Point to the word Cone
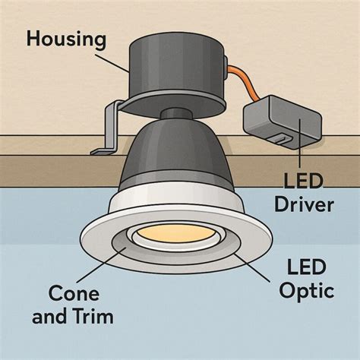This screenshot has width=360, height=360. [x=74, y=293]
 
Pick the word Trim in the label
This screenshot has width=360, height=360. [x=96, y=317]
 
